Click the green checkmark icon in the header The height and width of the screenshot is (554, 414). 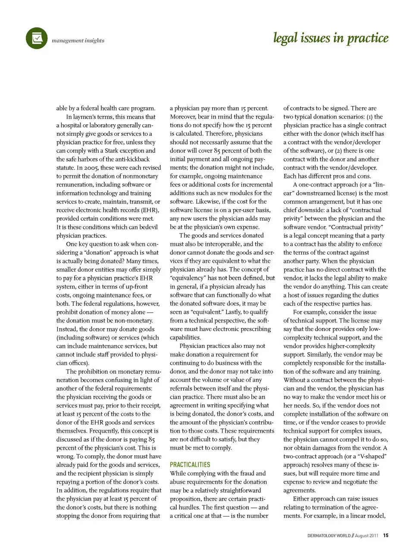tap(37, 38)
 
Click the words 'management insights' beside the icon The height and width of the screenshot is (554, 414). tap(78, 41)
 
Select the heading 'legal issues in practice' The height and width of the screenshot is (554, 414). tap(331, 38)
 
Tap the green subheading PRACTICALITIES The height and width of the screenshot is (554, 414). tap(190, 465)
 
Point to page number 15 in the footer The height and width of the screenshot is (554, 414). tap(386, 535)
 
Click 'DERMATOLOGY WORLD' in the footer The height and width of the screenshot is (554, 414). tap(329, 535)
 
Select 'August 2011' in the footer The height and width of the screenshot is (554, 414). tap(367, 535)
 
